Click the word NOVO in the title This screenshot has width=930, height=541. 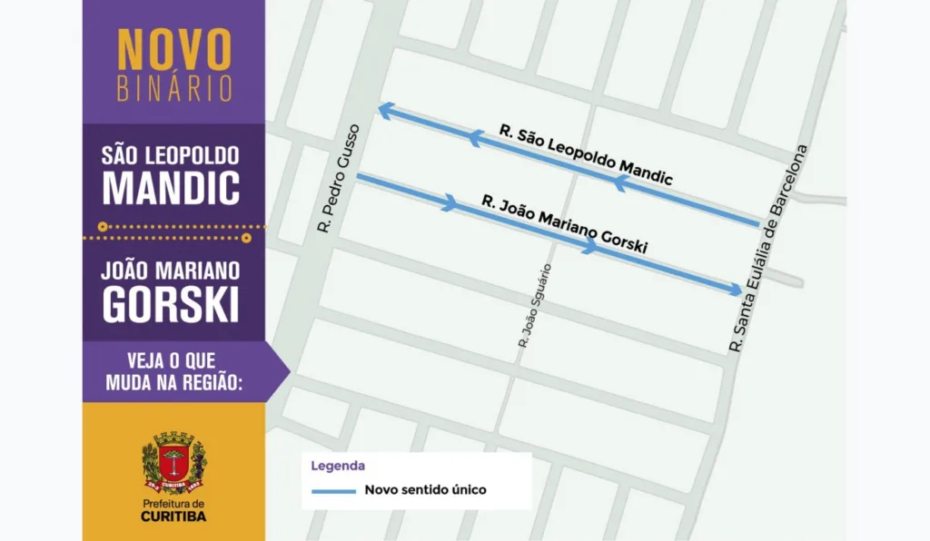pyautogui.click(x=173, y=51)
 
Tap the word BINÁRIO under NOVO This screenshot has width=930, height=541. pyautogui.click(x=173, y=87)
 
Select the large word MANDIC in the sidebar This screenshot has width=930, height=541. pyautogui.click(x=172, y=187)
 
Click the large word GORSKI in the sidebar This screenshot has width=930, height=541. pyautogui.click(x=171, y=305)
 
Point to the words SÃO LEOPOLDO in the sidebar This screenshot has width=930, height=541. pyautogui.click(x=172, y=154)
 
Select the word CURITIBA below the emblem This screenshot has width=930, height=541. pyautogui.click(x=173, y=516)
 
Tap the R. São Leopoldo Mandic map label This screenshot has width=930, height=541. pyautogui.click(x=585, y=156)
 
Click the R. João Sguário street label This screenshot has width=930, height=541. pyautogui.click(x=533, y=306)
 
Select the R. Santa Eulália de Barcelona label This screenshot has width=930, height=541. pyautogui.click(x=768, y=248)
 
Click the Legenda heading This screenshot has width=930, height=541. pyautogui.click(x=338, y=467)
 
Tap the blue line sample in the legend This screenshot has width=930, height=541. pyautogui.click(x=332, y=491)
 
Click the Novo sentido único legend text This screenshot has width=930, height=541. pyautogui.click(x=425, y=490)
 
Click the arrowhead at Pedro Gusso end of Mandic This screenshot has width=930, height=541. pyautogui.click(x=384, y=110)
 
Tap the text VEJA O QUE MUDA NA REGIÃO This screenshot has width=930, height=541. pyautogui.click(x=173, y=370)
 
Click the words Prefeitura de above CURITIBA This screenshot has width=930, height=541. pyautogui.click(x=173, y=503)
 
